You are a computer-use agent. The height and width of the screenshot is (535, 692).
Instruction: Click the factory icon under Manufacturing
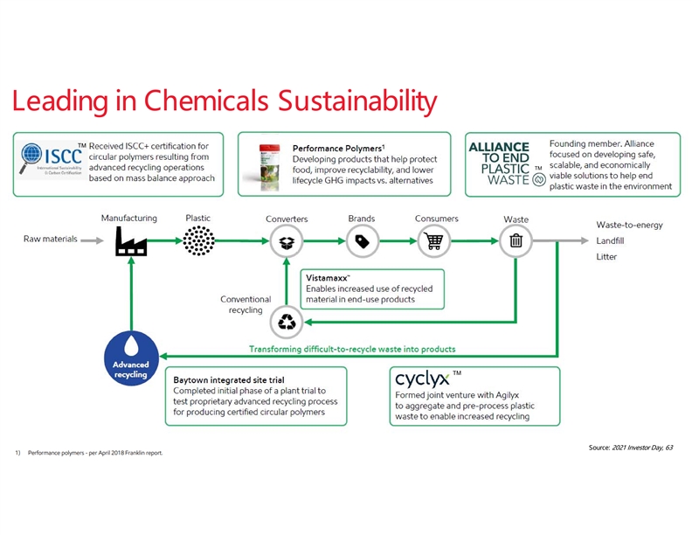tap(130, 239)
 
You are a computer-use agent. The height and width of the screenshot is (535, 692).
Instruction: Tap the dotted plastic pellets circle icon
tap(198, 239)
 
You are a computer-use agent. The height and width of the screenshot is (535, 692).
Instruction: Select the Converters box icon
tap(287, 240)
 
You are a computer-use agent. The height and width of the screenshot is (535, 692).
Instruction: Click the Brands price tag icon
tap(361, 240)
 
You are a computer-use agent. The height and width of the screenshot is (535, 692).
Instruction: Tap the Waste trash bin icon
tap(516, 240)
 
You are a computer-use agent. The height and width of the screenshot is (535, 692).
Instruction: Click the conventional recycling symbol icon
tap(287, 322)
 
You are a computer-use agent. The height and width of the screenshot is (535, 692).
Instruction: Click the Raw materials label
tap(51, 240)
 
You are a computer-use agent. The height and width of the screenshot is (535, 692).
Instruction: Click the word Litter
tap(606, 257)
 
